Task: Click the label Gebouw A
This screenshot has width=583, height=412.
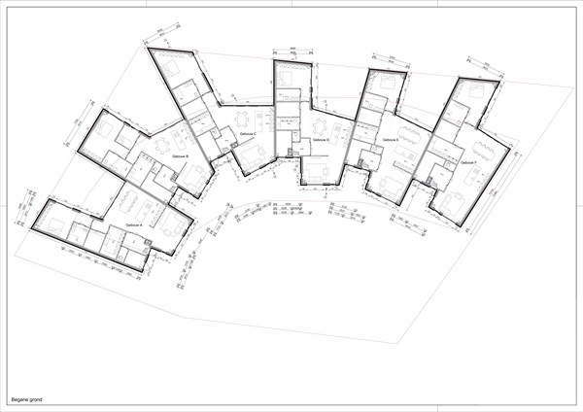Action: tap(134, 224)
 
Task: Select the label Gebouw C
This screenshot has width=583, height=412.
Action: tap(248, 133)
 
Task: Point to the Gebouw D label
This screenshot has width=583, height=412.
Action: tap(322, 140)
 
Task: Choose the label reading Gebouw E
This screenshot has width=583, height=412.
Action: tap(391, 141)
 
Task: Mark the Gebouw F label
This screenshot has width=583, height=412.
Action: tap(468, 161)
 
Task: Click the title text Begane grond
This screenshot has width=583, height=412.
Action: tap(26, 398)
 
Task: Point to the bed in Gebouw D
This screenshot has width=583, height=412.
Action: tap(290, 76)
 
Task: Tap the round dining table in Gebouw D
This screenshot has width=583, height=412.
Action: tap(319, 127)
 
